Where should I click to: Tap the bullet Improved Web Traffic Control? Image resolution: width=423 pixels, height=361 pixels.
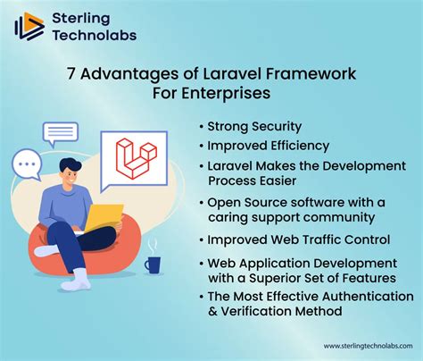pyautogui.click(x=298, y=239)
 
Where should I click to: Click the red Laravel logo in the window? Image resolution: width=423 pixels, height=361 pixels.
pyautogui.click(x=136, y=161)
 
